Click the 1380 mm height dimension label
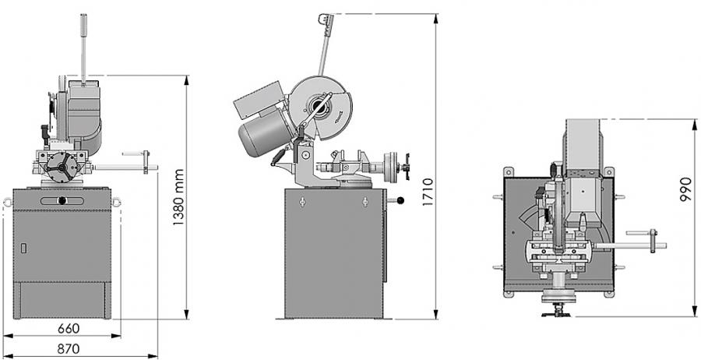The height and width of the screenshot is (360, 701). coord(179,197)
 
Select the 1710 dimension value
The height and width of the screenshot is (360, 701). coord(428,192)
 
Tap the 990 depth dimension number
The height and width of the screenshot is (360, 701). coord(685,189)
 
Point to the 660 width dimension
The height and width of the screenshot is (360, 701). coord(69,329)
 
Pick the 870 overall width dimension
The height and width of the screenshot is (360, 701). coord(69,349)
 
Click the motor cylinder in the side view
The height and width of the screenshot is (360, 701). coord(264,132)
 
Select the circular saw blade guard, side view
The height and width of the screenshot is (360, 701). coord(321,108)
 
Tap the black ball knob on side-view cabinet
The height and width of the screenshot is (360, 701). coord(400,200)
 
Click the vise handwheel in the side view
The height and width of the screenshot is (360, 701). coord(391,168)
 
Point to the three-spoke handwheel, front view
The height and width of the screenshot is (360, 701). coord(63,167)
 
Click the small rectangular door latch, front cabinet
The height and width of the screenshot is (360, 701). coord(23,248)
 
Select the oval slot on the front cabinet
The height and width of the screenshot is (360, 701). coord(62,201)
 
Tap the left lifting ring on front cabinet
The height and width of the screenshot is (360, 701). coord(8,202)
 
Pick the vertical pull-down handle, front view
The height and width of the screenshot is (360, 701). coord(83,49)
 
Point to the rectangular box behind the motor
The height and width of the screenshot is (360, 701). coord(259,100)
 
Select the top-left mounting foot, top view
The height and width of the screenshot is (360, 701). coord(509,172)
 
